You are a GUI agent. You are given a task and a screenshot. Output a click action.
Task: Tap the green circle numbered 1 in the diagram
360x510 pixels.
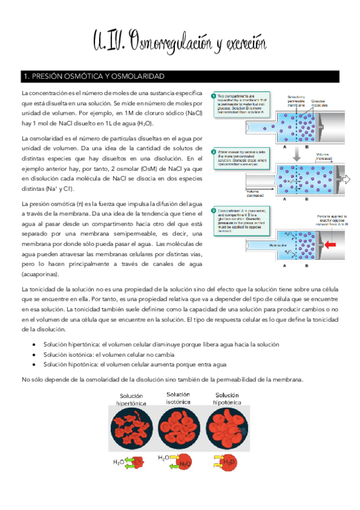(213, 96)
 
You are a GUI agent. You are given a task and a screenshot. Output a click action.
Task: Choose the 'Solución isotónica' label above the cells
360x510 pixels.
(178, 398)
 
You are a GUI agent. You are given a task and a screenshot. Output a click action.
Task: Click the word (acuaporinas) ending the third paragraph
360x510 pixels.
(40, 274)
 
